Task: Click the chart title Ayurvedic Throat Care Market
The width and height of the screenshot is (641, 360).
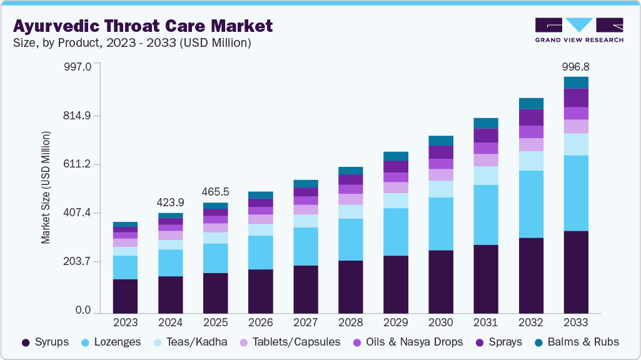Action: coord(143,26)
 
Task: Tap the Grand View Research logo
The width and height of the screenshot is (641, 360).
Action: coord(578,30)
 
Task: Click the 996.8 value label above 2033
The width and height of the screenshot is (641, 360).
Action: coord(576,66)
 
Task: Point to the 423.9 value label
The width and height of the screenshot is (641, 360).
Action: coord(170,202)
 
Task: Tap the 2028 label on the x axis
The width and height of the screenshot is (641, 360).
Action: coord(350,323)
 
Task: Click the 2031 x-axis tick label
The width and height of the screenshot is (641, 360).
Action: coord(486,323)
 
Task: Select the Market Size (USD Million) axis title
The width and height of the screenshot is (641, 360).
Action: coord(46,187)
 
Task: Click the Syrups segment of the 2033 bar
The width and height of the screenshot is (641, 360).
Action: coord(576,272)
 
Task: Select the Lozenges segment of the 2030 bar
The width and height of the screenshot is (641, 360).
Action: coord(441,224)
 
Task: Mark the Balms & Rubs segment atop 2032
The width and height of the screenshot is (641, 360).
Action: coord(531,104)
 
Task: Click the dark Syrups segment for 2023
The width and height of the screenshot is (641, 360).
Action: coord(125,296)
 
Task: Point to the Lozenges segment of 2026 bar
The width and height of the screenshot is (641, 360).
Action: coord(260,252)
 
